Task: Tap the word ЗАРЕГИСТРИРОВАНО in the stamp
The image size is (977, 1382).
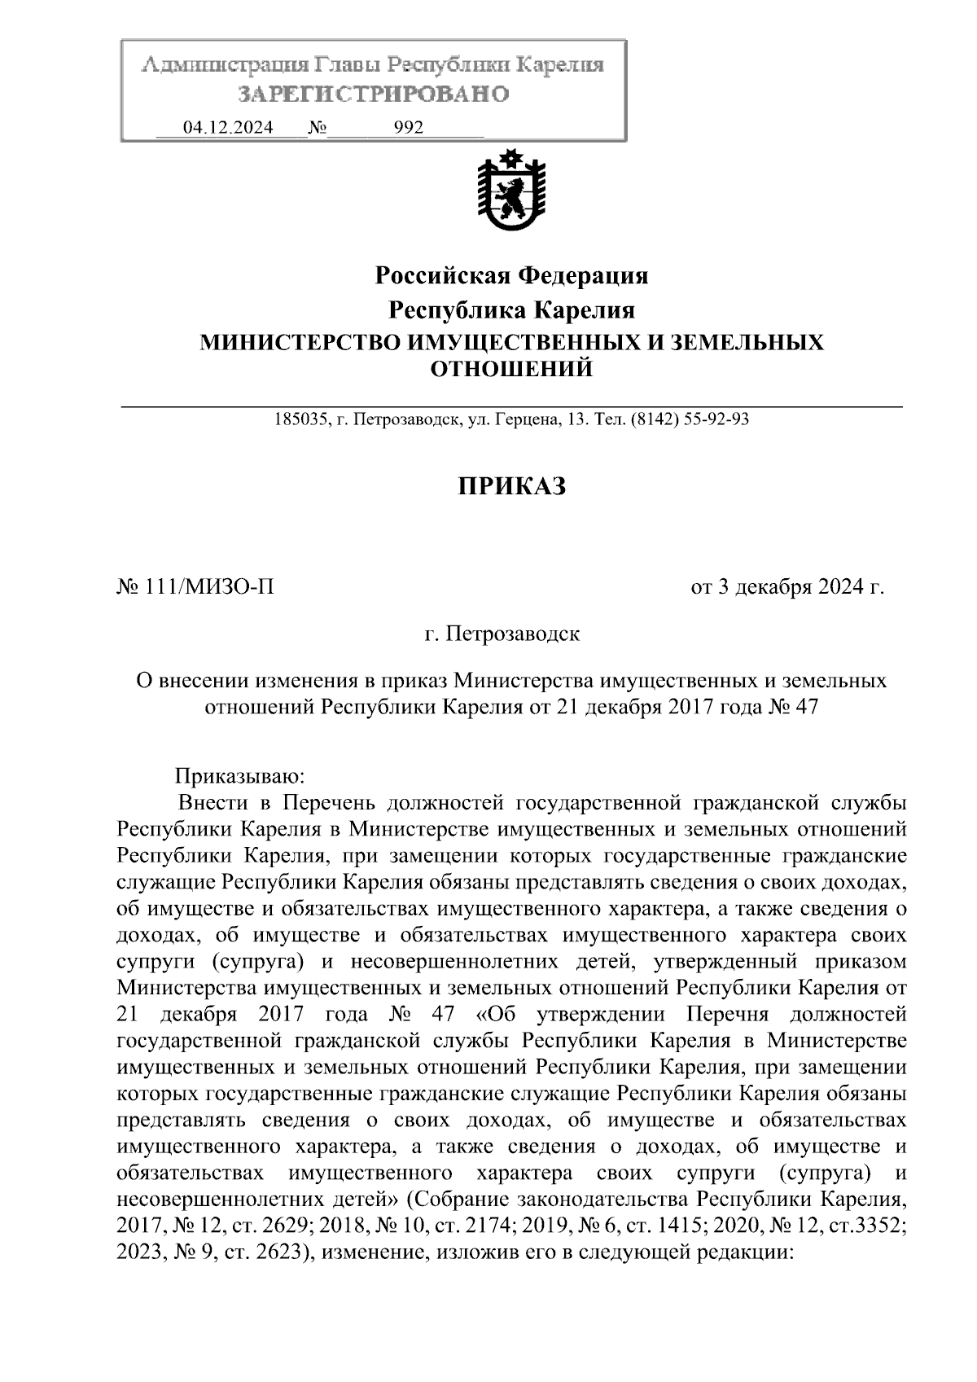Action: pos(374,94)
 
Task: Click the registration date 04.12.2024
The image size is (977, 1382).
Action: pos(228,129)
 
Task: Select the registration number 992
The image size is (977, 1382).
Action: pos(408,129)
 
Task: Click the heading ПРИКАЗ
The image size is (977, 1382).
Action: pos(510,487)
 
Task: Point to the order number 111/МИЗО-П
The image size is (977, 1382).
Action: pos(208,586)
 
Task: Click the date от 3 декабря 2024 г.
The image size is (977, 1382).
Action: pos(786,586)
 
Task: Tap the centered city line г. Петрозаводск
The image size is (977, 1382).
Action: pos(502,634)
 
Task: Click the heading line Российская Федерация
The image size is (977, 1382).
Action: pos(511,276)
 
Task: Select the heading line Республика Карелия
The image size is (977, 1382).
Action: pos(511,310)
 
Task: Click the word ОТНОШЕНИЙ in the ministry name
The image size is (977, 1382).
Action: pos(511,370)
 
